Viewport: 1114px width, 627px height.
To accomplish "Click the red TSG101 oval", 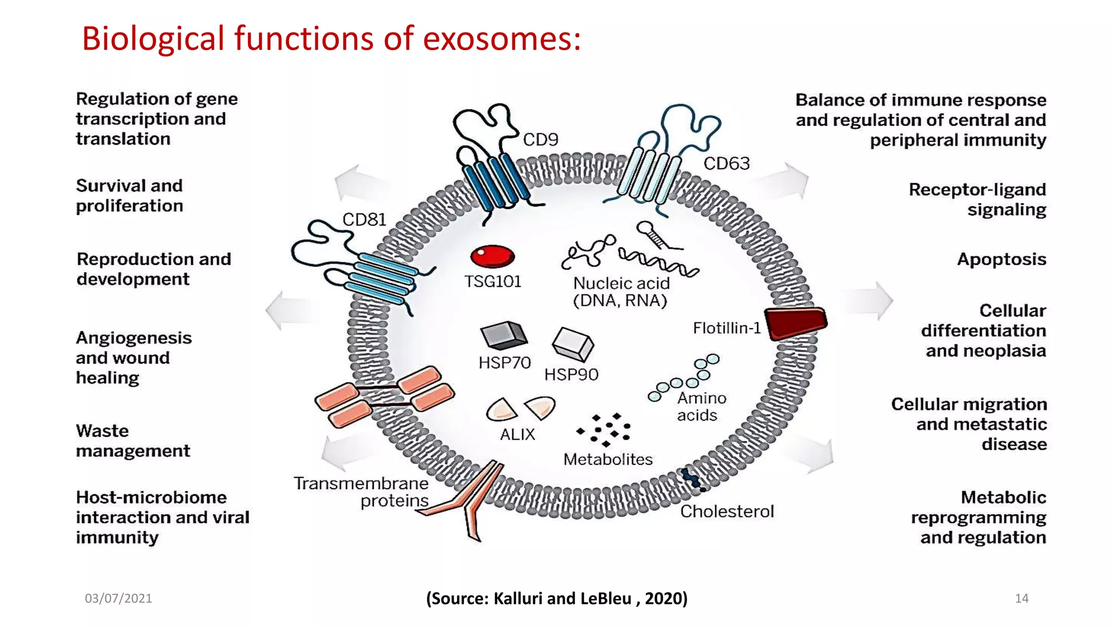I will point(492,256).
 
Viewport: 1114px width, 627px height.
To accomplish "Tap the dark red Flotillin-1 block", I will point(795,323).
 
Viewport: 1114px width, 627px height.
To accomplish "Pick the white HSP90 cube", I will point(573,344).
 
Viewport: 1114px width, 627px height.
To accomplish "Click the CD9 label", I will point(540,140).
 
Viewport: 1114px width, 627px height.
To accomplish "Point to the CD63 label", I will point(726,163).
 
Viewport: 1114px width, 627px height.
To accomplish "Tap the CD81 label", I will point(364,219).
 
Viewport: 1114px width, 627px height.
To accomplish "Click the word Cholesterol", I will point(727,512).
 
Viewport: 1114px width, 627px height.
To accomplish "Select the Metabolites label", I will point(608,459).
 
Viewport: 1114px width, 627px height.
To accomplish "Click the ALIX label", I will point(517,434).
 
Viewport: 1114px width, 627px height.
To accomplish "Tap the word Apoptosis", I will point(1001,259).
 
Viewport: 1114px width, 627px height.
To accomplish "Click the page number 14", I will point(1022,598).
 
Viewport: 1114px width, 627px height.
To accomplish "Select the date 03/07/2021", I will point(119,598).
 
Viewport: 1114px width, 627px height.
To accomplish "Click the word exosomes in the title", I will point(502,39).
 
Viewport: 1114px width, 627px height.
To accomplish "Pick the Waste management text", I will point(133,441).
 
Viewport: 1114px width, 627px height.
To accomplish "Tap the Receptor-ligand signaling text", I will point(977,199).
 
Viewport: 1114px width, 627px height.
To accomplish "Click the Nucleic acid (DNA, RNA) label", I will point(621,292).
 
